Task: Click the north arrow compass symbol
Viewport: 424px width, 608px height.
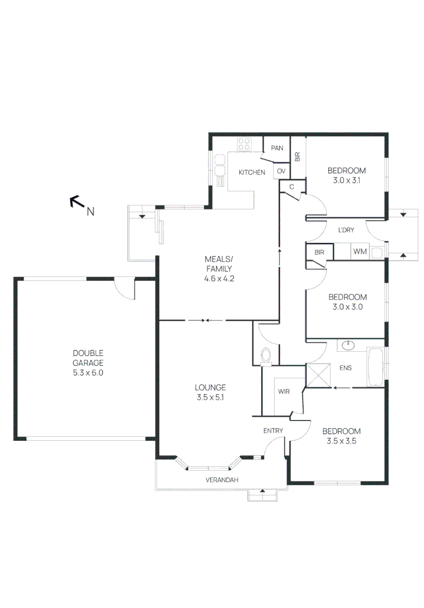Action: coord(75,202)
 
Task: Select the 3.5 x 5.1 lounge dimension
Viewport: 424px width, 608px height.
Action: coord(211,397)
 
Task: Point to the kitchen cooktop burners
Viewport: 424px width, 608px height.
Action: coord(244,144)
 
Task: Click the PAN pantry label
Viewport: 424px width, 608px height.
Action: coord(276,149)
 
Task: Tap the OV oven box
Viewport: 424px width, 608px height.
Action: coord(281,171)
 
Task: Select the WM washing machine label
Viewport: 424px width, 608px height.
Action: coord(360,252)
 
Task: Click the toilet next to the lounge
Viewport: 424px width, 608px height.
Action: coord(267,355)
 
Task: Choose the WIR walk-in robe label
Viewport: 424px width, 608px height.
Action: coord(284,391)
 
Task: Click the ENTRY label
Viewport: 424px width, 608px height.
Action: coord(273,431)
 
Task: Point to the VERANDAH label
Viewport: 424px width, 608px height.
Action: coord(221,480)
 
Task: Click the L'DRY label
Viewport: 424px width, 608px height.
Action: coord(346,230)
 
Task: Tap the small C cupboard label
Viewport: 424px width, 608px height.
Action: coord(292,187)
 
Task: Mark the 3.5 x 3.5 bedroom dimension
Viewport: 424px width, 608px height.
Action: coord(341,442)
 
